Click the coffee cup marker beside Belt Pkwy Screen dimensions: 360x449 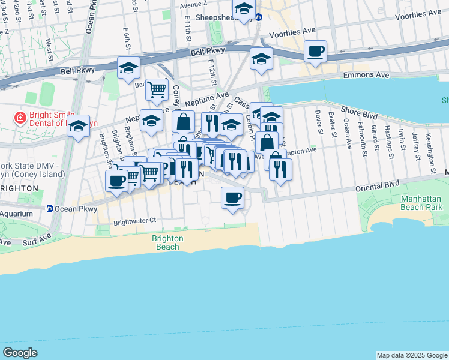[315, 52]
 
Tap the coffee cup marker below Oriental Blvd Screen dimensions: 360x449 [233, 197]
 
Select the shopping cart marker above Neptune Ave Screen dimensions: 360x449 [157, 90]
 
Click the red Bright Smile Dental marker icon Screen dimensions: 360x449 [20, 116]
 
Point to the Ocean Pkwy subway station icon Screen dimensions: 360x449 [49, 209]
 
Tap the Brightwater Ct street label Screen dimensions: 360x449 [134, 221]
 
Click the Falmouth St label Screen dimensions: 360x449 [362, 138]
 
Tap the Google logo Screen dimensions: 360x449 [20, 353]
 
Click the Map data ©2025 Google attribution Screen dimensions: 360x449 [412, 355]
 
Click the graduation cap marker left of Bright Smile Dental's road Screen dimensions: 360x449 [78, 127]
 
